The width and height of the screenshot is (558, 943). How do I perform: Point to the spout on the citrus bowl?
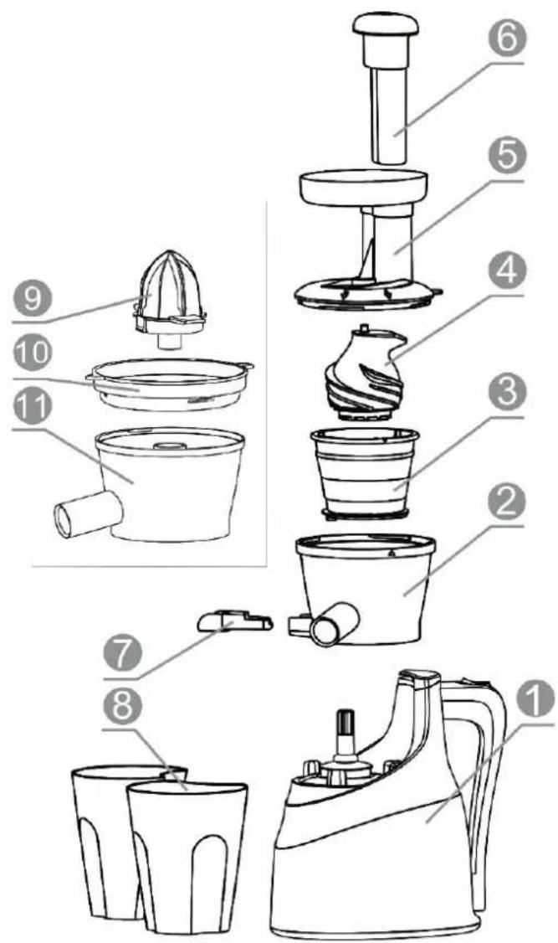[x=88, y=513]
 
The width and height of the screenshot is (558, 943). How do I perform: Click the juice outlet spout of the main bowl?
[x=334, y=624]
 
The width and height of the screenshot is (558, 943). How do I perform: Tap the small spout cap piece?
[x=235, y=620]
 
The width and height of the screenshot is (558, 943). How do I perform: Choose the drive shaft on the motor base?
[x=345, y=734]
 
